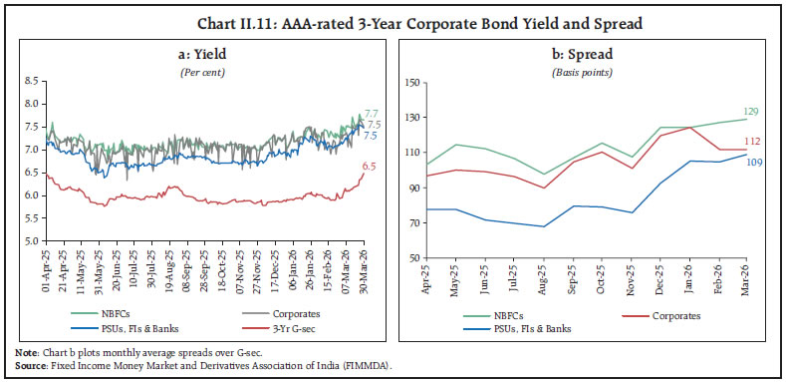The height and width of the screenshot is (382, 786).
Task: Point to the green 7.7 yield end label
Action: point(371,115)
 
